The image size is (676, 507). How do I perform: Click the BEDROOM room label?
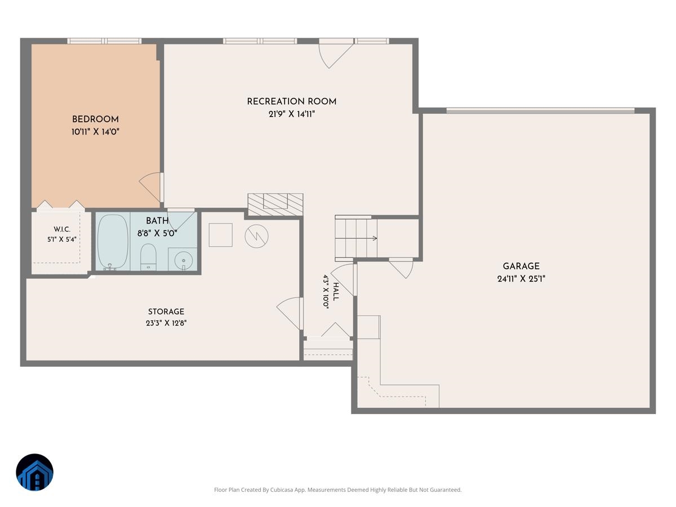(95, 119)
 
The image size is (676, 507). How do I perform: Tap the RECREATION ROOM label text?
(291, 101)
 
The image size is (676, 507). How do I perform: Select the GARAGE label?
(521, 266)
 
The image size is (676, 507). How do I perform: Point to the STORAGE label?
(166, 312)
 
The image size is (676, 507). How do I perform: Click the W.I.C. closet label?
(62, 229)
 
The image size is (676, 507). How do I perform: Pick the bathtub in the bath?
(113, 242)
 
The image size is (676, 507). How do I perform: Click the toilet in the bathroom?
(149, 257)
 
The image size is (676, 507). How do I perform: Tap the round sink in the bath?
(184, 260)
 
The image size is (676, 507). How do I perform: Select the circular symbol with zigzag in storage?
(256, 236)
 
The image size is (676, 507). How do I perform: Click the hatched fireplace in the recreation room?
(275, 204)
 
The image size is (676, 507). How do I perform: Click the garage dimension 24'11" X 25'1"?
(521, 279)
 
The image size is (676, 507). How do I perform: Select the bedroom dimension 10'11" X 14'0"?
(95, 132)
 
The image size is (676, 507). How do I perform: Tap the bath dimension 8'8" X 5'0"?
(157, 233)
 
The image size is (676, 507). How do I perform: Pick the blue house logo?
(34, 472)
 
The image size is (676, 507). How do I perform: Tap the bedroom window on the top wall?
(104, 41)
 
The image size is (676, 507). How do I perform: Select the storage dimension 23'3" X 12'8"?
(166, 323)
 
